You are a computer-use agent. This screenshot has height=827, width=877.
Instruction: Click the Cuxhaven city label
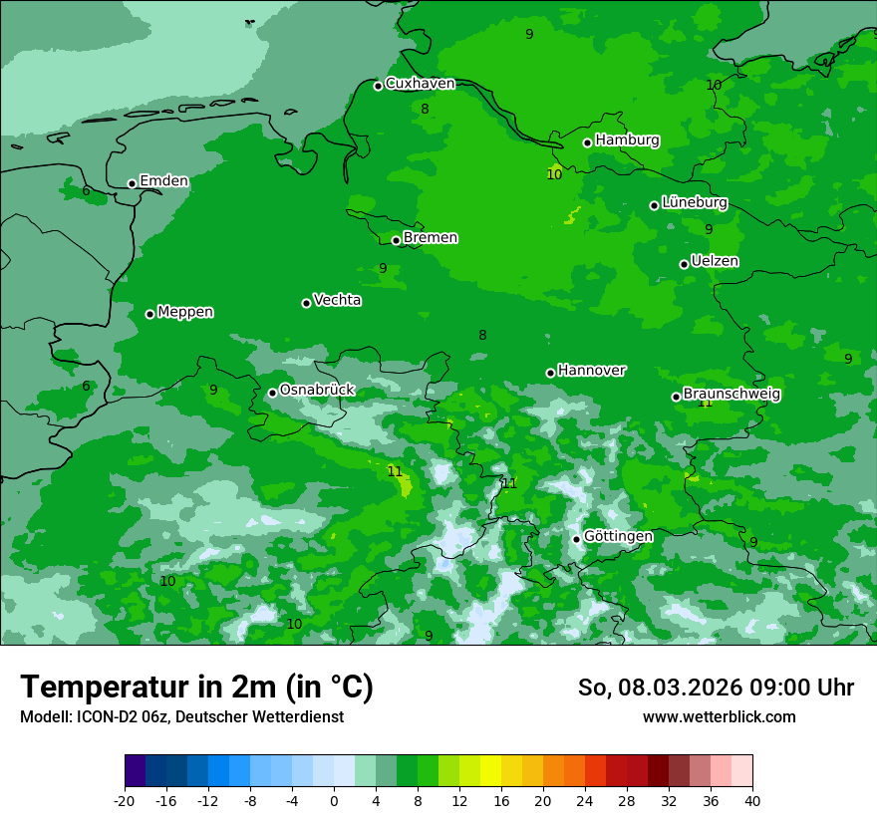(x=420, y=84)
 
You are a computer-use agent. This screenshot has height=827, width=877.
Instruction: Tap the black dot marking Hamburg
(x=588, y=142)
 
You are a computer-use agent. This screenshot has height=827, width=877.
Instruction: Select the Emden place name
(x=163, y=181)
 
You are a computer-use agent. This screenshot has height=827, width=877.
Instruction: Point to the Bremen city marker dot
(x=396, y=240)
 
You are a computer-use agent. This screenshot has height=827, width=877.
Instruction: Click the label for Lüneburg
(x=695, y=202)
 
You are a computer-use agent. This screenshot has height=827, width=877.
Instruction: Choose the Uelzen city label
(x=715, y=261)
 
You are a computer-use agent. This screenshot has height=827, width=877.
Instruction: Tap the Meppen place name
(x=185, y=312)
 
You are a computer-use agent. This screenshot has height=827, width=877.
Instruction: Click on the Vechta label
(x=337, y=300)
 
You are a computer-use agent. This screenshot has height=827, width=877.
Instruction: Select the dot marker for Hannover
(x=550, y=373)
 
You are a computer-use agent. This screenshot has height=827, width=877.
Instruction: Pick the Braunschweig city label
(x=731, y=394)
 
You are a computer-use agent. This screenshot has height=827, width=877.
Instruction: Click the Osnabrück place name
(x=317, y=390)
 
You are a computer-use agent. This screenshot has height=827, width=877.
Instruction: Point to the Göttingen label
(x=618, y=536)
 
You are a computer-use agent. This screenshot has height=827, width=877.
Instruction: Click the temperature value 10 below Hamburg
(x=554, y=174)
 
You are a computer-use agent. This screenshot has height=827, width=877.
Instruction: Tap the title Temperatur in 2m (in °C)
(x=196, y=687)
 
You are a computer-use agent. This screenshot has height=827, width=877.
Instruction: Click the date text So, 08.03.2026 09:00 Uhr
(x=716, y=688)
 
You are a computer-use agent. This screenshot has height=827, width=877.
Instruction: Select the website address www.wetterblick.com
(x=719, y=717)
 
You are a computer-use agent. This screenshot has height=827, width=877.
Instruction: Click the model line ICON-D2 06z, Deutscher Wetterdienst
(x=181, y=717)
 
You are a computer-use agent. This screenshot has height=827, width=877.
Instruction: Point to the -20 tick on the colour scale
(x=125, y=799)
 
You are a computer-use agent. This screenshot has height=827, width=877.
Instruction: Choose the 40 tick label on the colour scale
(x=752, y=799)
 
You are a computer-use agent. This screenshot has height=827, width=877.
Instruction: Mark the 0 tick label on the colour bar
(x=334, y=799)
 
